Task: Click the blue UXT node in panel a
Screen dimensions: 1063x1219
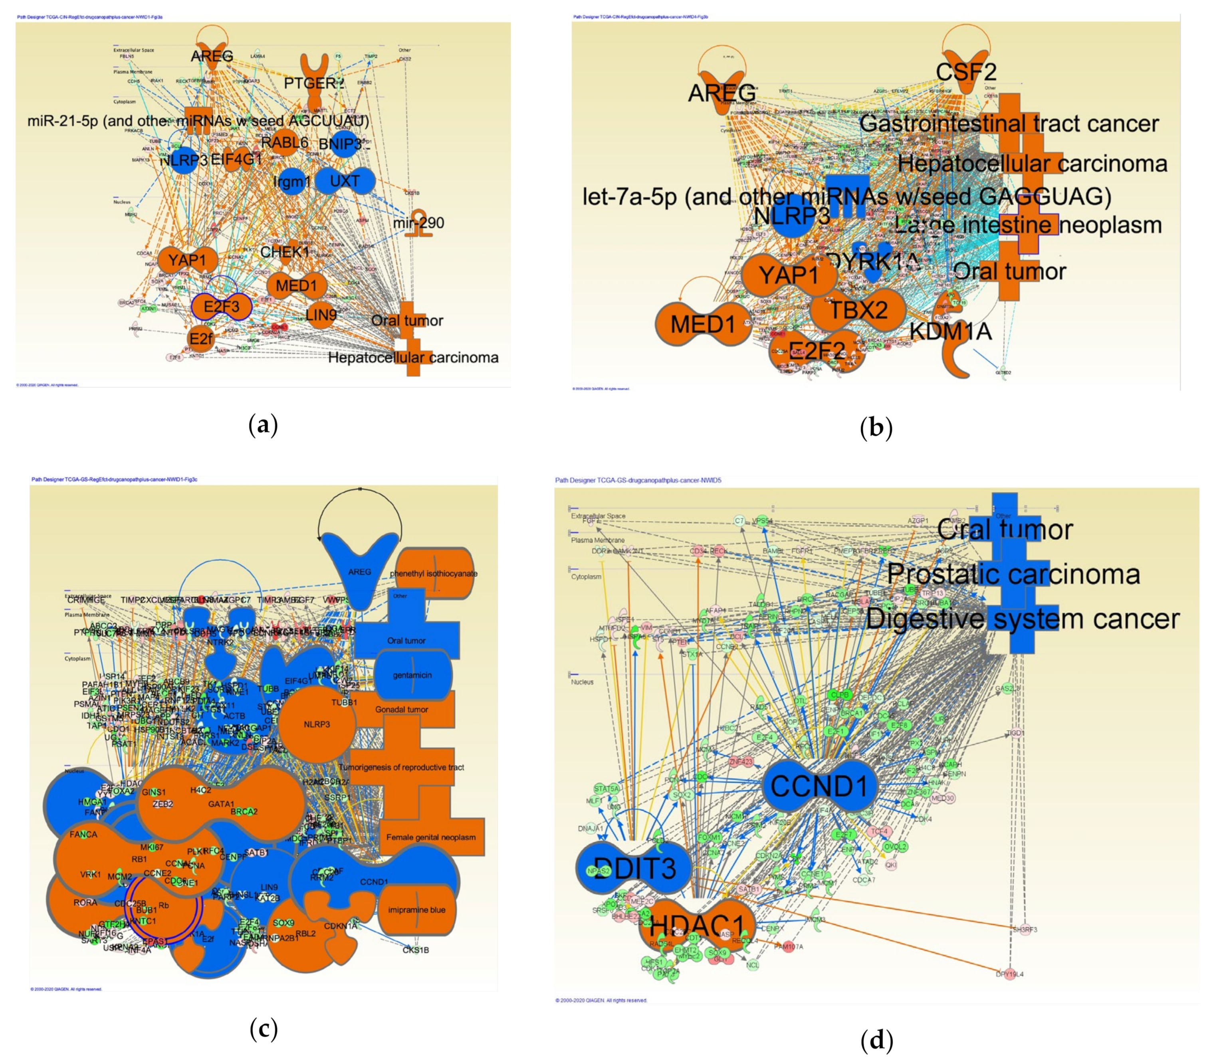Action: tap(345, 180)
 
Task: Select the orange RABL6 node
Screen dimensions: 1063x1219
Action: tap(285, 143)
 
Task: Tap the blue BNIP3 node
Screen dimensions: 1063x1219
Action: tap(343, 144)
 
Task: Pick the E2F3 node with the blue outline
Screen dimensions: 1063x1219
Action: tap(221, 306)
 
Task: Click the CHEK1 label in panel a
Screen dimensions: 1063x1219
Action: tap(285, 251)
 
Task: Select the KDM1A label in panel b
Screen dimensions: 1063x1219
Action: tap(950, 331)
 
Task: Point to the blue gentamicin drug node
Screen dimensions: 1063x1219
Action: tap(412, 675)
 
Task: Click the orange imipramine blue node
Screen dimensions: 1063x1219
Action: tap(416, 909)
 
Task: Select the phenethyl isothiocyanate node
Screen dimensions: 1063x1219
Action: tap(434, 574)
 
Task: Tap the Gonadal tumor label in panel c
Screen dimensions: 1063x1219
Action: tap(402, 709)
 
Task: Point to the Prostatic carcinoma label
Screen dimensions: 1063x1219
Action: tap(1013, 574)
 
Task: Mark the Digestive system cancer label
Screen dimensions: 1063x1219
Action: tap(1023, 619)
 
